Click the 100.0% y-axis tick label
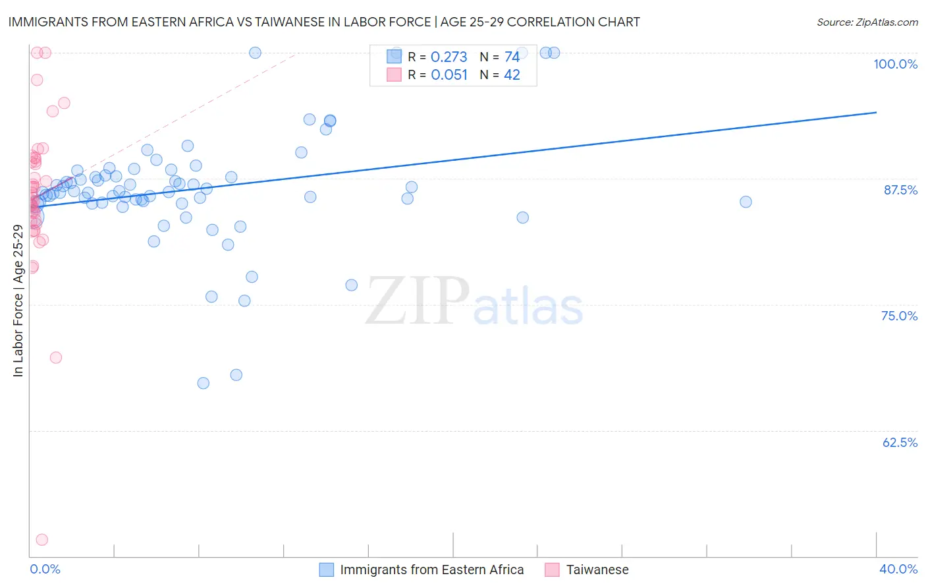895,64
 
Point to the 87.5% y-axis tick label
900,190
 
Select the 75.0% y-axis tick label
899,316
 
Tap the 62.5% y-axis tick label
900,442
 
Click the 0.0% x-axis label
45,569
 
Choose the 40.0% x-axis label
898,569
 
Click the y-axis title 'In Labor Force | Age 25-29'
18,301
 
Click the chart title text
324,22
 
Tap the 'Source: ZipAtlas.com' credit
867,22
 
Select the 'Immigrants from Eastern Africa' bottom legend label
431,570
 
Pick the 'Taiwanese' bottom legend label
597,570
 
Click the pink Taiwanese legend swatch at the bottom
552,570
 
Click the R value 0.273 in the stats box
449,57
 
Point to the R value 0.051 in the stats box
449,75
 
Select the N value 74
512,57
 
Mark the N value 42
512,75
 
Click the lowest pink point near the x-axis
42,540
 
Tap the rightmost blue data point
746,202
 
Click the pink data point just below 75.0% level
56,357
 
